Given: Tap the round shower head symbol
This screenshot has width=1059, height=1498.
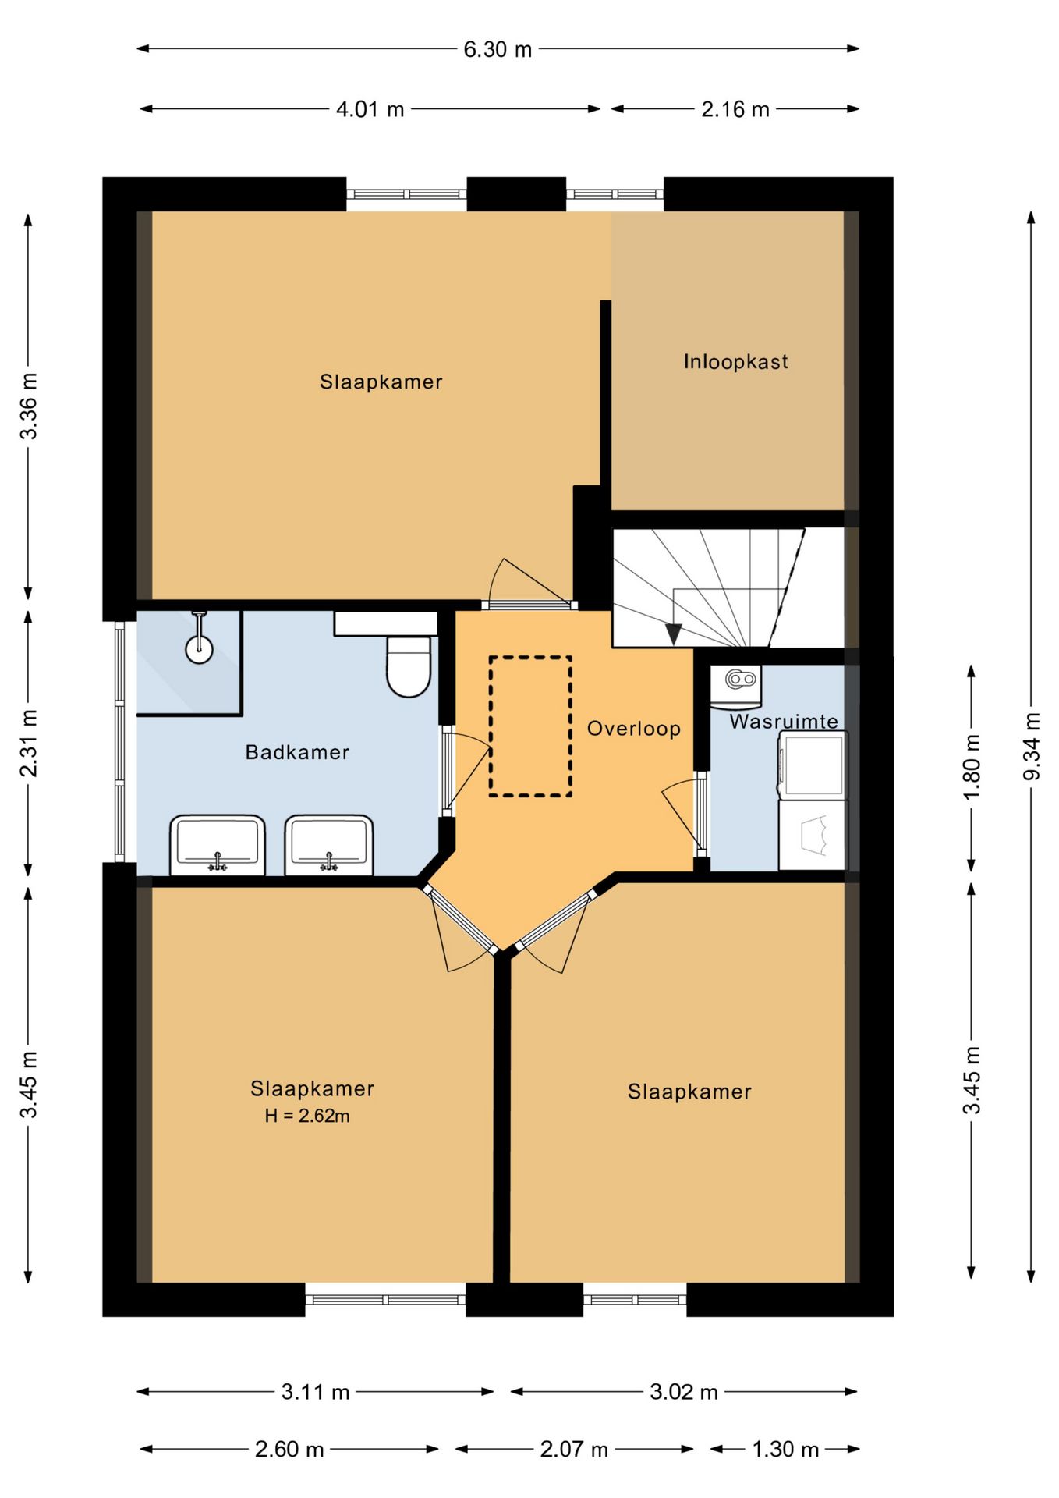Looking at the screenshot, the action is click(x=200, y=648).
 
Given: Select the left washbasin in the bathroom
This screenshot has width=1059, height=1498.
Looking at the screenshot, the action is click(x=218, y=845).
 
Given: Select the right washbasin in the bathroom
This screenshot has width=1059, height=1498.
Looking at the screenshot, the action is click(x=329, y=845).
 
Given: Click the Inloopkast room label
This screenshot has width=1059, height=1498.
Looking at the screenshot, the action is click(x=735, y=361).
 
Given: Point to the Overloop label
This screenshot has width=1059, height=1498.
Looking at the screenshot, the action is click(x=634, y=729).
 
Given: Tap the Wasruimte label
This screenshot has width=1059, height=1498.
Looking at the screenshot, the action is click(x=784, y=722).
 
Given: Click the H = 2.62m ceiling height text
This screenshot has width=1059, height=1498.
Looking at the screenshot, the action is click(x=307, y=1116).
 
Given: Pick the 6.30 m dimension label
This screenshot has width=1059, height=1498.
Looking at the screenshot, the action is click(x=498, y=49).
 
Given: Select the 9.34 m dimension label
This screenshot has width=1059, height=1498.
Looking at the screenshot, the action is click(x=1032, y=746).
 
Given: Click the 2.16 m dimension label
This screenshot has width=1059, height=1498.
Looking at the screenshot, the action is click(x=735, y=109).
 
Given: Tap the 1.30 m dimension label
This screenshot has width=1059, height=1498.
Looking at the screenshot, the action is click(x=785, y=1450).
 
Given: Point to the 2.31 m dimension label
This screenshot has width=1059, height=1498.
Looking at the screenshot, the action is click(x=29, y=744).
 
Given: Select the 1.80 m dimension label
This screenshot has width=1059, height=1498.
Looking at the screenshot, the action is click(x=972, y=768).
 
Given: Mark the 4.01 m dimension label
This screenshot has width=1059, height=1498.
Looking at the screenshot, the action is click(x=370, y=109).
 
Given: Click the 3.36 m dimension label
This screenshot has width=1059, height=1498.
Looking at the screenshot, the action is click(x=29, y=406).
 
